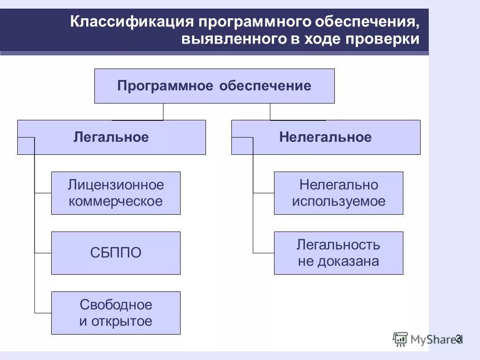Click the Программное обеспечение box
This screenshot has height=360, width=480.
pyautogui.click(x=214, y=86)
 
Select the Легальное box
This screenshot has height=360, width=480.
pyautogui.click(x=111, y=137)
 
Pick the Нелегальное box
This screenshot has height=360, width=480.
pyautogui.click(x=325, y=137)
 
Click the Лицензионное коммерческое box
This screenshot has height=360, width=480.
pyautogui.click(x=116, y=193)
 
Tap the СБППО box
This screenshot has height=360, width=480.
pyautogui.click(x=116, y=253)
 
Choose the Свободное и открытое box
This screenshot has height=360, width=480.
pyautogui.click(x=116, y=313)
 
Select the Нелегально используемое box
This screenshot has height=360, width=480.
pyautogui.click(x=338, y=193)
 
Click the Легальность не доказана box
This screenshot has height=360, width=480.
pyautogui.click(x=338, y=253)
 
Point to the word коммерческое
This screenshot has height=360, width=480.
pyautogui.click(x=116, y=201)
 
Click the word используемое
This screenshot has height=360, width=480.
pyautogui.click(x=338, y=201)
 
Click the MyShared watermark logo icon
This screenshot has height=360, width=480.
pyautogui.click(x=400, y=339)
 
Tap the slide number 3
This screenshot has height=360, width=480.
pyautogui.click(x=458, y=338)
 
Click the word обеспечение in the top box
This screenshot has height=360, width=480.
pyautogui.click(x=265, y=86)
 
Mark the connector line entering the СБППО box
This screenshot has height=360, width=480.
pyautogui.click(x=43, y=253)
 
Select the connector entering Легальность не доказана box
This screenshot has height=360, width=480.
pyautogui.click(x=264, y=253)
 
